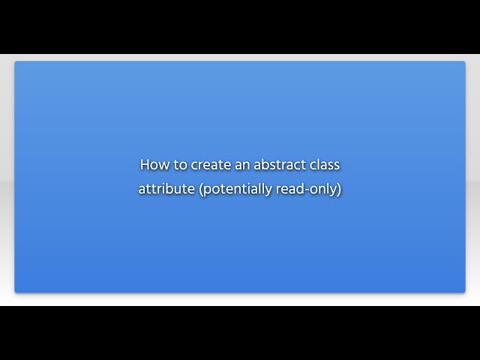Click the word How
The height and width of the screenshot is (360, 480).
(x=153, y=164)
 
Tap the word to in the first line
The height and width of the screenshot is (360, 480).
(x=177, y=164)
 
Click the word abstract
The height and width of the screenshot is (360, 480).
(x=278, y=164)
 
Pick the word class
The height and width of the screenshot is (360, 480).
(x=324, y=164)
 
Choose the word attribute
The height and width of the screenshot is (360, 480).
(x=166, y=189)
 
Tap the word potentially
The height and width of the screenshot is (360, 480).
(x=238, y=189)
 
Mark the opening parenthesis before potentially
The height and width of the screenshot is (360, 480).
(x=201, y=189)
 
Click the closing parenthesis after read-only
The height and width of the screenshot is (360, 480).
(x=339, y=189)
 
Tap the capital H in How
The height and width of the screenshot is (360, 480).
(x=144, y=164)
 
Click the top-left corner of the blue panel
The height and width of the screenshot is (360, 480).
(x=16, y=62)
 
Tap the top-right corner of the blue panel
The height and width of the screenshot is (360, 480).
(x=464, y=62)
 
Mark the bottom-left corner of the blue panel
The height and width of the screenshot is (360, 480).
(x=16, y=291)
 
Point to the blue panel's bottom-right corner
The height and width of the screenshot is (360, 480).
(x=464, y=291)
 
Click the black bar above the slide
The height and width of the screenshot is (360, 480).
(x=240, y=26)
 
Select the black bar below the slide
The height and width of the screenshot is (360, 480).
(x=240, y=333)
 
